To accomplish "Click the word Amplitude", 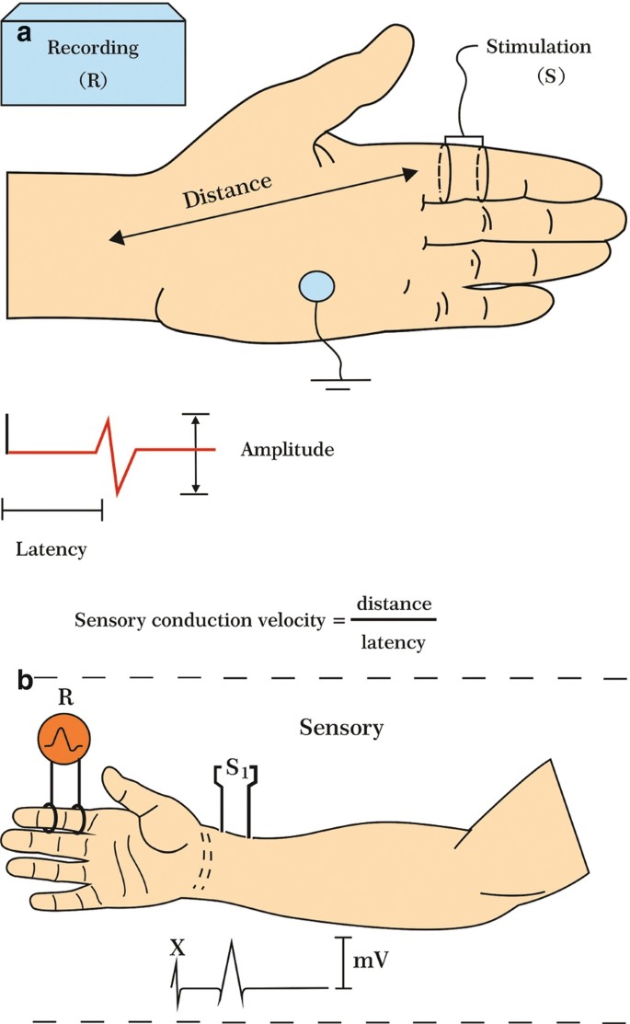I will (x=286, y=450).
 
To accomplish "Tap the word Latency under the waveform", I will (x=52, y=549).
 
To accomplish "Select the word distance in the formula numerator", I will (x=394, y=604).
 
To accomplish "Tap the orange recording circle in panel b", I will (x=64, y=738).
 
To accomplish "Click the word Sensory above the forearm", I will (x=341, y=728).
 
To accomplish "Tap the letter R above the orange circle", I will (x=65, y=697).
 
